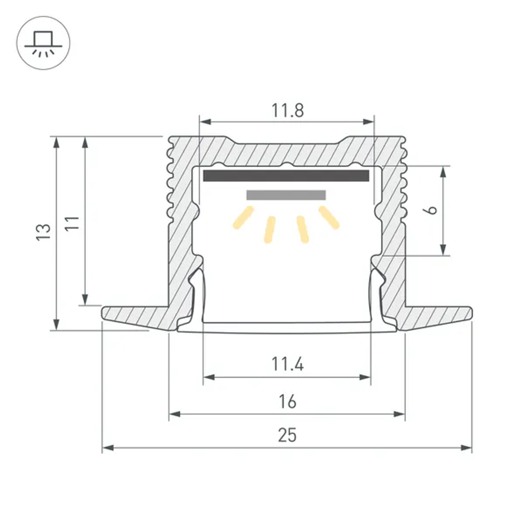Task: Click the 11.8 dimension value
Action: (287, 110)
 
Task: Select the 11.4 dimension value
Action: (287, 365)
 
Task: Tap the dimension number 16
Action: (288, 402)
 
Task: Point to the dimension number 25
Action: (287, 436)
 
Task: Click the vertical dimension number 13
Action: (44, 233)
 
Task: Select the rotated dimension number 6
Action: (432, 210)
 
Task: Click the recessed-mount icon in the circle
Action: (43, 43)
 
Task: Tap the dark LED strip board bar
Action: (286, 176)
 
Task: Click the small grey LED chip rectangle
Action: (286, 195)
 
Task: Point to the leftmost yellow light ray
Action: (243, 218)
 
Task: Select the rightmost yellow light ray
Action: (329, 217)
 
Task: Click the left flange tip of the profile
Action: (105, 313)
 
